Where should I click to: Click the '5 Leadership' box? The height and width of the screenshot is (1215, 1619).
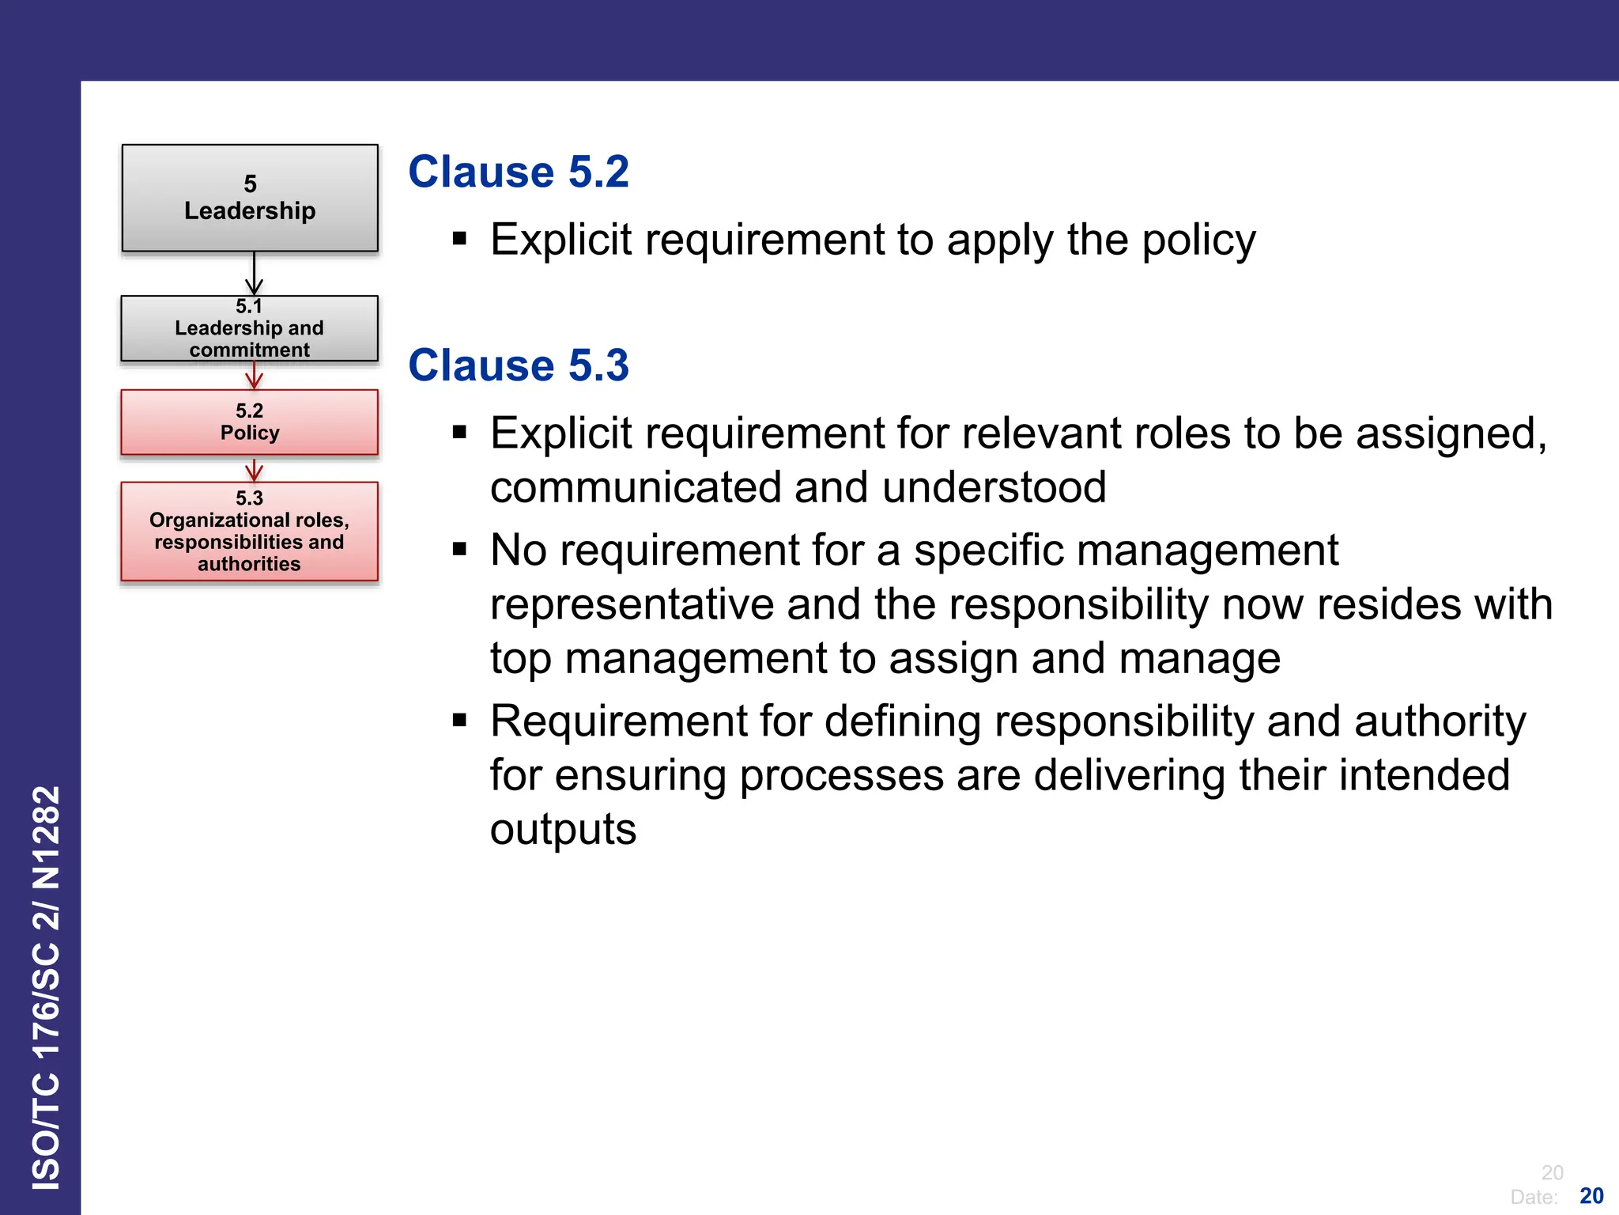(x=250, y=198)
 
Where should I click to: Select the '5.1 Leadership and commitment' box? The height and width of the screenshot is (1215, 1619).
(x=250, y=328)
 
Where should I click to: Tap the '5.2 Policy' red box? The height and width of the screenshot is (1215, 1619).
(x=250, y=422)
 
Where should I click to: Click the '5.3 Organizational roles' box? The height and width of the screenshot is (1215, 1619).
(x=250, y=531)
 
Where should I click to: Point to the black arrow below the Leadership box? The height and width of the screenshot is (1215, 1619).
(x=254, y=274)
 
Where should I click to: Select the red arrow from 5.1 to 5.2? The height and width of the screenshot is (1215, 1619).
(x=254, y=376)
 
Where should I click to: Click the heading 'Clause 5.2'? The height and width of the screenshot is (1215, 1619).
(x=519, y=172)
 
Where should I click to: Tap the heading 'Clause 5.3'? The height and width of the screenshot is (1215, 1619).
(x=519, y=365)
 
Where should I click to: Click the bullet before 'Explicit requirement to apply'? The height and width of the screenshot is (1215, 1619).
(x=460, y=238)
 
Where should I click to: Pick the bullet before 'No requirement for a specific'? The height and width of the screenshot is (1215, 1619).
(x=460, y=549)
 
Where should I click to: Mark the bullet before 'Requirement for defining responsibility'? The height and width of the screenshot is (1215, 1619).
(x=460, y=720)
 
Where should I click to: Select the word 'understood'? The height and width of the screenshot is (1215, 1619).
(x=994, y=486)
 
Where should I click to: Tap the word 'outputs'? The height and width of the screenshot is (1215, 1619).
(x=563, y=829)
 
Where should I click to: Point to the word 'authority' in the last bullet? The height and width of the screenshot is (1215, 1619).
(x=1439, y=721)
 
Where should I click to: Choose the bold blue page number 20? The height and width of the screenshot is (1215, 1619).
(x=1591, y=1195)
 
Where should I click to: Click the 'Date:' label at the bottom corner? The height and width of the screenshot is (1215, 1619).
(x=1534, y=1197)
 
